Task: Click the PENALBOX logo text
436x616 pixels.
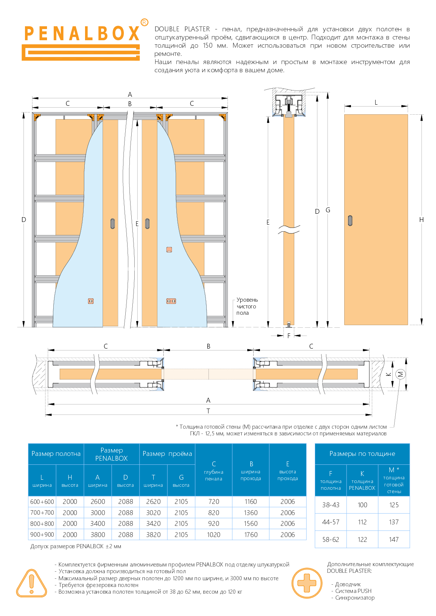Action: pyautogui.click(x=82, y=34)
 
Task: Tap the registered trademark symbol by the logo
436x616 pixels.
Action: pyautogui.click(x=144, y=22)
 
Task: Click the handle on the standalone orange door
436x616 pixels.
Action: pyautogui.click(x=350, y=220)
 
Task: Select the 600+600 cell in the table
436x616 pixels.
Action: pyautogui.click(x=42, y=502)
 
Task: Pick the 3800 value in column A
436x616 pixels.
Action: pyautogui.click(x=98, y=535)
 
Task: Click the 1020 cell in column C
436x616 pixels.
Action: pyautogui.click(x=214, y=535)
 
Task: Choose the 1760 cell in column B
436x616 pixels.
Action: pyautogui.click(x=251, y=535)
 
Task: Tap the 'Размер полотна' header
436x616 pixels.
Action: pyautogui.click(x=56, y=454)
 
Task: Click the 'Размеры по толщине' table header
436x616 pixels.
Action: pyautogui.click(x=362, y=454)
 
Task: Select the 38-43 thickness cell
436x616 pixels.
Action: pyautogui.click(x=331, y=505)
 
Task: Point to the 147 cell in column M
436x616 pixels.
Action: pyautogui.click(x=394, y=539)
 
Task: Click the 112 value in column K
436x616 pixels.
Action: pyautogui.click(x=362, y=522)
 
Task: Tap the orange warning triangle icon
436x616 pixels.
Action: pyautogui.click(x=32, y=583)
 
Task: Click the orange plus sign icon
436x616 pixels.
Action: pyautogui.click(x=307, y=583)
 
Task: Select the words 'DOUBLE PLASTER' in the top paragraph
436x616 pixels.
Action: pyautogui.click(x=182, y=29)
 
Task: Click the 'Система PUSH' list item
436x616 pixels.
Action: pyautogui.click(x=353, y=591)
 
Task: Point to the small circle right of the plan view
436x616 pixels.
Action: pyautogui.click(x=400, y=374)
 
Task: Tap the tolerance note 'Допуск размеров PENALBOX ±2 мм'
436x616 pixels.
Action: pyautogui.click(x=76, y=546)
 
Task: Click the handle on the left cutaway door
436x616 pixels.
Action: pyautogui.click(x=113, y=223)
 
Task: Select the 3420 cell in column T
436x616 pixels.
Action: pyautogui.click(x=153, y=524)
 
